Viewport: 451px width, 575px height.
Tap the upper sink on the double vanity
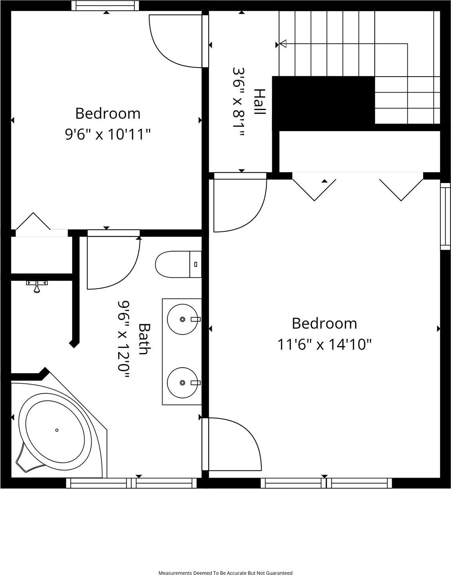182,319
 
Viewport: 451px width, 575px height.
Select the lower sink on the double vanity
182,383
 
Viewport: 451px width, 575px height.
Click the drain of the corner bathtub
57,430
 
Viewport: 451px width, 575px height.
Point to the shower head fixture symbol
37,286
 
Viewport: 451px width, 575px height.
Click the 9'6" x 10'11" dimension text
108,135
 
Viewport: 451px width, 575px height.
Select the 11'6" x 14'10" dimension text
324,344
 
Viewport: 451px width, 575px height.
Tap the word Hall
260,102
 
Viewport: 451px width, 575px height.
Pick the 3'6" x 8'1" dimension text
238,102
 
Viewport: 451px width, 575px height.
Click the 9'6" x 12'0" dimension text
123,339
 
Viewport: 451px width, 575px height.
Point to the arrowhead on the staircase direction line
282,44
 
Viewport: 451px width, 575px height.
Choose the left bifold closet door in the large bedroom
314,189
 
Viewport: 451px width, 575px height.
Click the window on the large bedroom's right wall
445,216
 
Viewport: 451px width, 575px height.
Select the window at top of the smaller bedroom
105,5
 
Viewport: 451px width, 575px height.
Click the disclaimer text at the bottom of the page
225,573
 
